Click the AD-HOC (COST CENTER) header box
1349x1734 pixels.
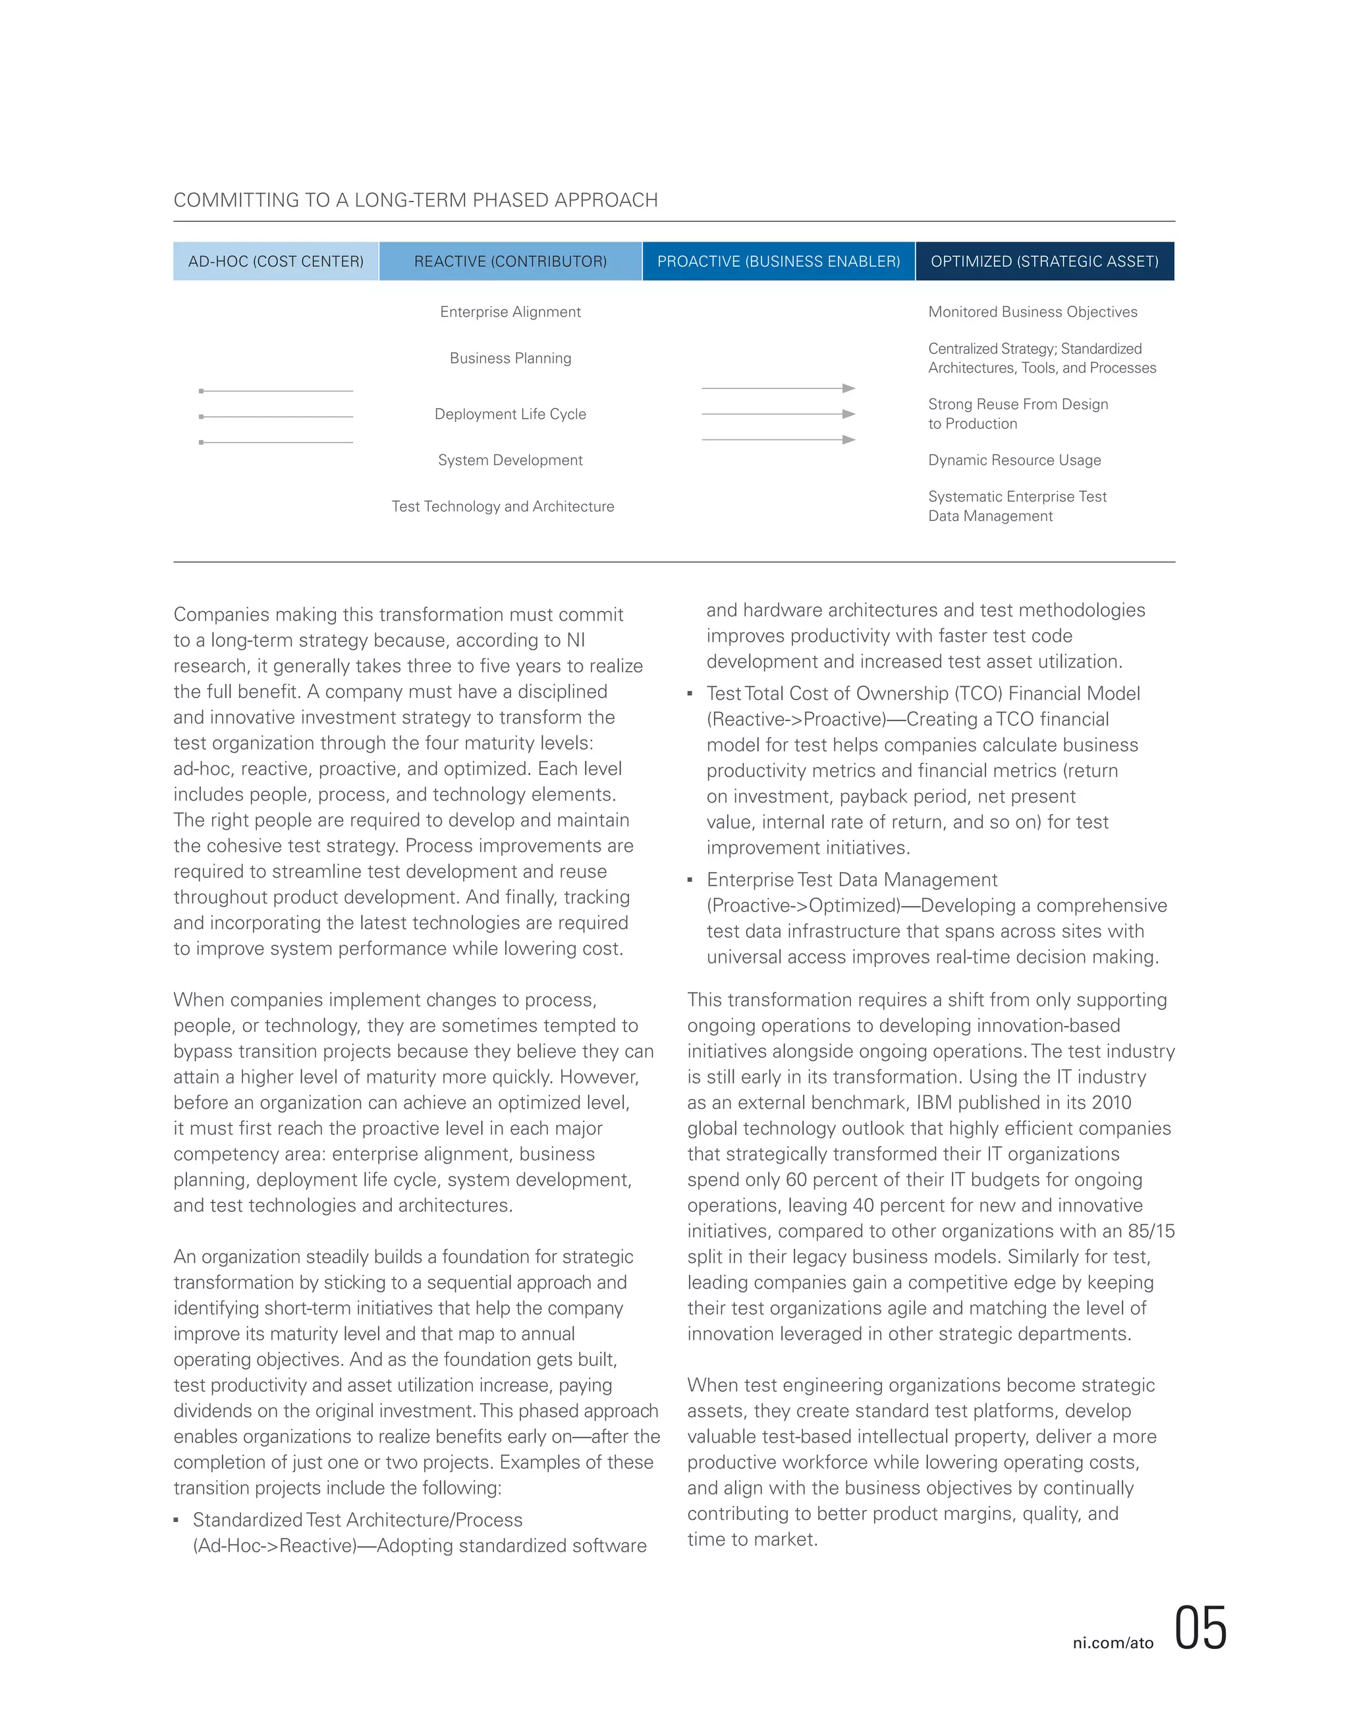[x=275, y=261]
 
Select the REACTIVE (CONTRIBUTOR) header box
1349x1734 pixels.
[x=510, y=261]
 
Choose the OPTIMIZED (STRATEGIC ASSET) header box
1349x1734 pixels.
[x=1044, y=261]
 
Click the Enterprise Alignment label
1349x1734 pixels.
[x=510, y=312]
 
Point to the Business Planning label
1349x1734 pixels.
[x=510, y=358]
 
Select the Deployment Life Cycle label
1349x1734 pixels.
[x=510, y=414]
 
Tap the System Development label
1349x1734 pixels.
[x=510, y=460]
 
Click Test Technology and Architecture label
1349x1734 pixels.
[x=503, y=506]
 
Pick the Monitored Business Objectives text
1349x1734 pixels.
[x=1032, y=312]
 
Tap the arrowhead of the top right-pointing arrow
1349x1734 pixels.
[x=849, y=389]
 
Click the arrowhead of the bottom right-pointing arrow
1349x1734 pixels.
[x=849, y=439]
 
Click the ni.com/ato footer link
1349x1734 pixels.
[x=1113, y=1642]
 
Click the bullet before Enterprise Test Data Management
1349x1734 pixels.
[x=690, y=880]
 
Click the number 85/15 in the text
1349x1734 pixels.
[x=1151, y=1231]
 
